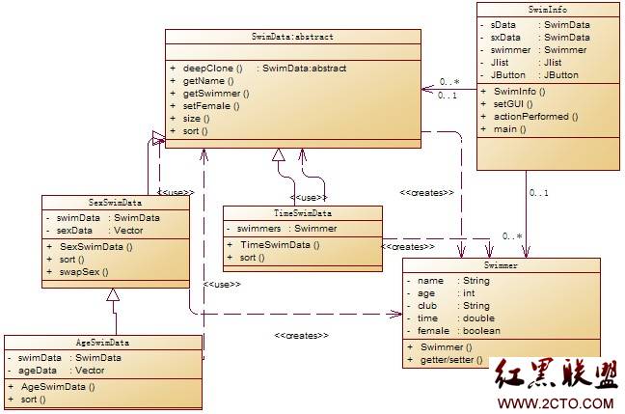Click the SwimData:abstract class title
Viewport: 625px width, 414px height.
[x=292, y=37]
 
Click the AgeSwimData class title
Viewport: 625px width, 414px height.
[x=102, y=342]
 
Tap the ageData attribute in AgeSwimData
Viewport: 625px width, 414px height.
[x=38, y=370]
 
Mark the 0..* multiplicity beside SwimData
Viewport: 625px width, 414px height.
[x=448, y=82]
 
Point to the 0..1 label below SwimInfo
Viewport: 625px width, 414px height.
[x=539, y=192]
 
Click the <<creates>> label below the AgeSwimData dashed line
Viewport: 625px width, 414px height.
[x=302, y=335]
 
